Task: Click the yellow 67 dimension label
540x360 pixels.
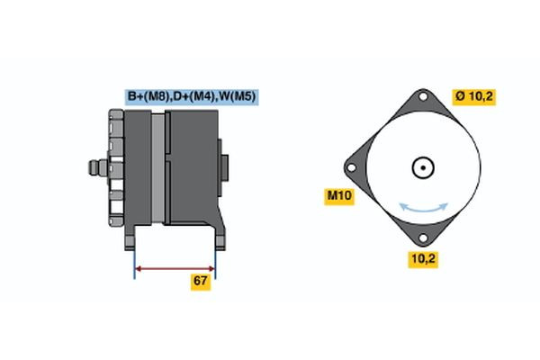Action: click(201, 282)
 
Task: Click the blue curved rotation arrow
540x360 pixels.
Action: click(424, 207)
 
